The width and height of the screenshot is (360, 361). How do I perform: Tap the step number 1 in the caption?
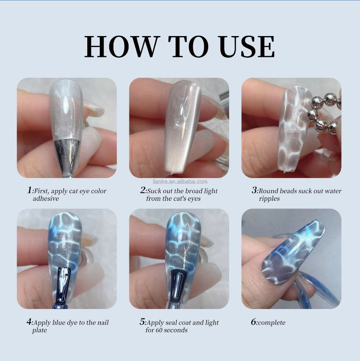pos(30,191)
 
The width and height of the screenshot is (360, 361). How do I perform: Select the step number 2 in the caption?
pos(143,191)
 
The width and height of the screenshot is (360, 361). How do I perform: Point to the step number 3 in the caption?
pos(254,191)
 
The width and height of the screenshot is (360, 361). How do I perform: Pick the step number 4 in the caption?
pos(29,322)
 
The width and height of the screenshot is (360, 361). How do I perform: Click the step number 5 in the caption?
pos(142,322)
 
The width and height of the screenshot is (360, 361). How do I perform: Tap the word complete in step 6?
pos(272,323)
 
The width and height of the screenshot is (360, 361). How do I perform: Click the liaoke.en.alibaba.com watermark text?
pos(179,181)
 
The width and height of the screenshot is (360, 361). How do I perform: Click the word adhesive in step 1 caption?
pos(46,199)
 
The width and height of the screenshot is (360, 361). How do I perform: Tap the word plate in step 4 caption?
pos(39,330)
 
